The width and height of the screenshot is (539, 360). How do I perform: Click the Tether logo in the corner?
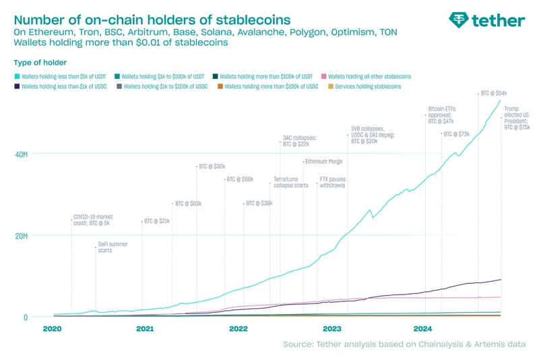(x=486, y=20)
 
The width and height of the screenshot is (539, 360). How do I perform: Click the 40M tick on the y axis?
(x=22, y=154)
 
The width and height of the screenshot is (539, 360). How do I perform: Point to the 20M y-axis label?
(x=22, y=236)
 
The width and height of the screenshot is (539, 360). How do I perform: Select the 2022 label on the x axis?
(x=239, y=329)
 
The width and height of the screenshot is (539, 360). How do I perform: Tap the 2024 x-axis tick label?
(x=423, y=329)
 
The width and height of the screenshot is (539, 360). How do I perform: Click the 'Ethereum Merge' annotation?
(x=323, y=162)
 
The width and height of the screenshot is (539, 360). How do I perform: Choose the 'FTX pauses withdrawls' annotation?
(x=333, y=182)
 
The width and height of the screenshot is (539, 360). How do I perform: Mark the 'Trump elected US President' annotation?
(x=517, y=117)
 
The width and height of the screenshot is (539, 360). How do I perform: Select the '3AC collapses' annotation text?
(x=299, y=141)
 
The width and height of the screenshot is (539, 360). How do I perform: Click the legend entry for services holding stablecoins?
(x=367, y=87)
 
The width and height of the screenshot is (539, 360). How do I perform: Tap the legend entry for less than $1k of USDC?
(x=65, y=87)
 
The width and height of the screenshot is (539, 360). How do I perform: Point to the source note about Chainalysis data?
(x=404, y=345)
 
